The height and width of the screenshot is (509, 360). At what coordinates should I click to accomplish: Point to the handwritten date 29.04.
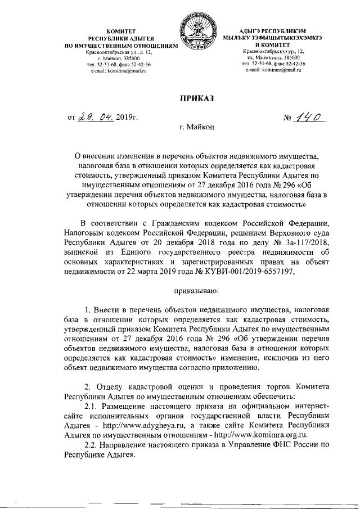(96, 117)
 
